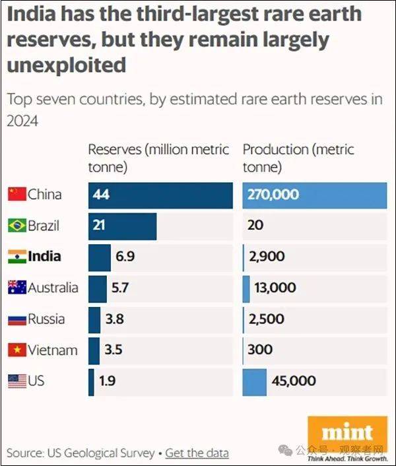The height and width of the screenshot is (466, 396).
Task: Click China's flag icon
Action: coord(16,194)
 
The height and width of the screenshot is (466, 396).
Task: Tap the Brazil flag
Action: coord(16,226)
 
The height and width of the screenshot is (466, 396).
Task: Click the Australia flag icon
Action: coord(16,288)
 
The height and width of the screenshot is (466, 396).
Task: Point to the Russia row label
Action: coord(46,319)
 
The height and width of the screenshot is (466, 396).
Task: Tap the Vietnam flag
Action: coord(16,350)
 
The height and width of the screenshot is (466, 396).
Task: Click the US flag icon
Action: coord(16,382)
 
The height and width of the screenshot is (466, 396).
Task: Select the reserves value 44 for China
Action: coord(101,195)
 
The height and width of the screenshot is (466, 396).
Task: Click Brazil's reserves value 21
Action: coord(100,226)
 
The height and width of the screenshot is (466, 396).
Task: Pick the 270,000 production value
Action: coord(273,195)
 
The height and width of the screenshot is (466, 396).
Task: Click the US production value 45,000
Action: coord(293,382)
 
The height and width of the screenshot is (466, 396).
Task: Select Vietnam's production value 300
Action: coord(261,350)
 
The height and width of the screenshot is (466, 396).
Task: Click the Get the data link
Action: coord(197,453)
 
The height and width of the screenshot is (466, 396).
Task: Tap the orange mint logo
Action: coord(347,433)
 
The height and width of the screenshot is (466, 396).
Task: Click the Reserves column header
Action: coord(158,158)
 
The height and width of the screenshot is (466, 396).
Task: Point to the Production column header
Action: coord(298,158)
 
